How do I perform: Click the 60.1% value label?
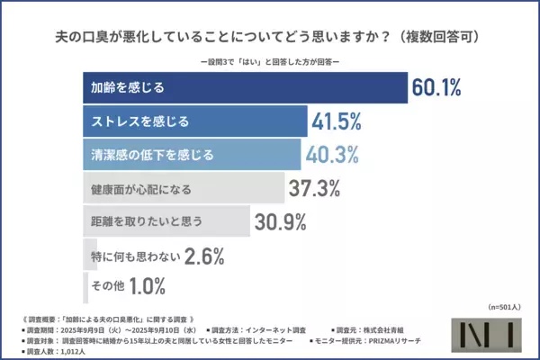click(x=436, y=88)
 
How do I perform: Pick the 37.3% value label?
click(x=315, y=187)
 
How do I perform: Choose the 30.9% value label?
click(x=280, y=220)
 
